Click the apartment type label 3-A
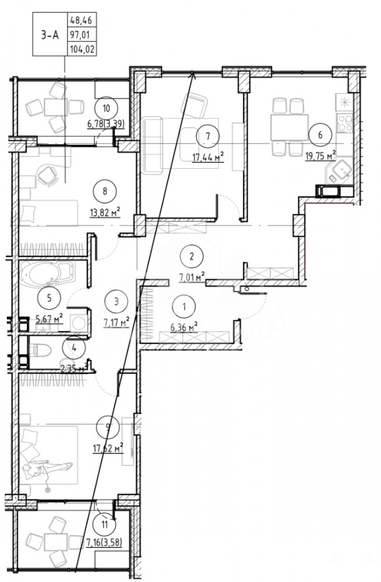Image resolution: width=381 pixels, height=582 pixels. pos(49,35)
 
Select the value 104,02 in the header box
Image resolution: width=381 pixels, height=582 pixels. pos(82,49)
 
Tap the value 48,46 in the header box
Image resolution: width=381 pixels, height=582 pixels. pos(81,19)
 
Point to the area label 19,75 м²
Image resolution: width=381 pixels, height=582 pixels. pos(321,156)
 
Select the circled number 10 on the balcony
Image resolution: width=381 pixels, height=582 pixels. pos(106,108)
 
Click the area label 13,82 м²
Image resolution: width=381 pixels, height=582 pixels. pos(106,213)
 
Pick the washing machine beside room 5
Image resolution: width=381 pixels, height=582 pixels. pos(79,321)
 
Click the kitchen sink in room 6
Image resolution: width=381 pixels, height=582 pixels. pos(340,171)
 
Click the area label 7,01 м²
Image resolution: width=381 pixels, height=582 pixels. pos(193,277)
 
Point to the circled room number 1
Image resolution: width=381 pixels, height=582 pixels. pos(184,306)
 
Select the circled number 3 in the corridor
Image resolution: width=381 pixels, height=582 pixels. pos(116,301)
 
